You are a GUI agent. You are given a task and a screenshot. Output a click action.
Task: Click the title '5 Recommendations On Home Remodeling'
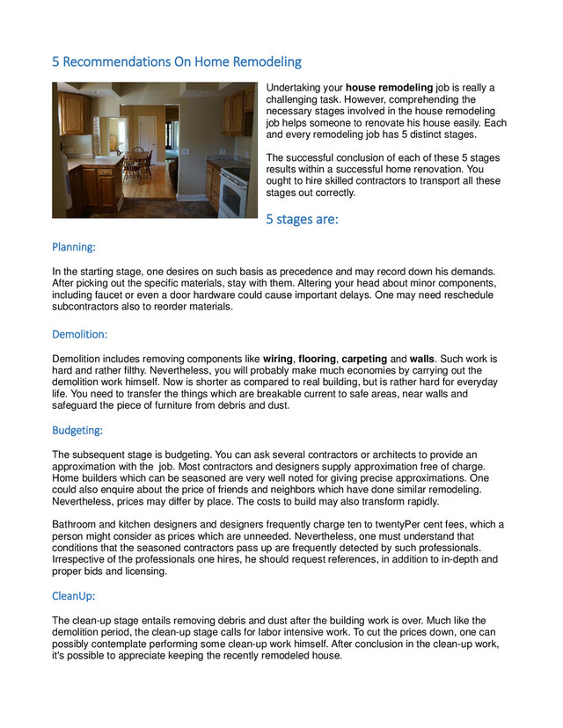coord(176,62)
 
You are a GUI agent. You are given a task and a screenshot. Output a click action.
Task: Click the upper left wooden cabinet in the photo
coord(75,113)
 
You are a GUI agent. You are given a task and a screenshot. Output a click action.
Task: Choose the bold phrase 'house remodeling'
coord(390,88)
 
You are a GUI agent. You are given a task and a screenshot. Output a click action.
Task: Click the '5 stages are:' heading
coord(302,219)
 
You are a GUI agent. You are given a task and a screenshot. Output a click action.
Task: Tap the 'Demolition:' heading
coord(80,334)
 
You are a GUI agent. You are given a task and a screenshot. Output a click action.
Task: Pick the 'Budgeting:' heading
coord(77,431)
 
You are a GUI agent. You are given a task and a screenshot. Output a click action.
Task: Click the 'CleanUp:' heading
coord(75,596)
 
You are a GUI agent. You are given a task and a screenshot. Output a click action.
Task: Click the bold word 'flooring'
coord(317,360)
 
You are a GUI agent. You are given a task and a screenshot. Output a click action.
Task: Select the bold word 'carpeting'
coord(364,360)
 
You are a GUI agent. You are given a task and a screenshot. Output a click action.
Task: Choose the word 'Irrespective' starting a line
coord(81,559)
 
